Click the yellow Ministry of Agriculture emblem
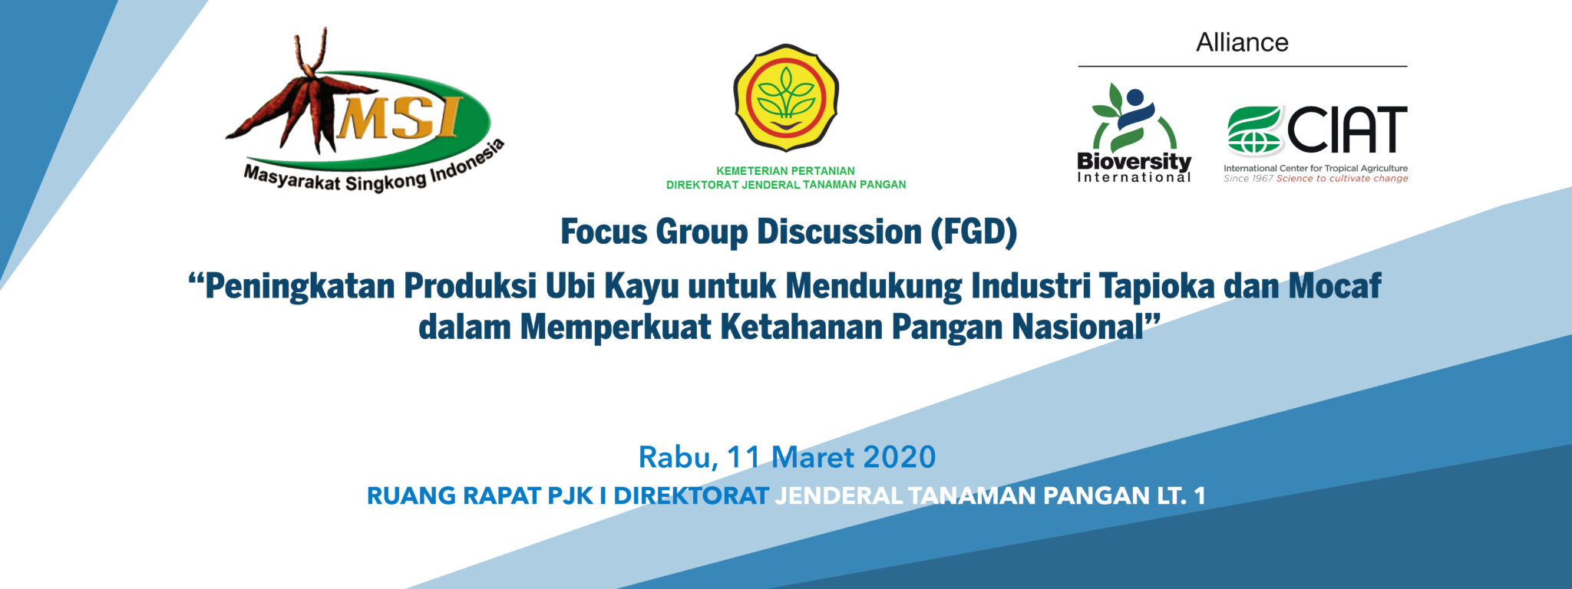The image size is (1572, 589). pos(785,97)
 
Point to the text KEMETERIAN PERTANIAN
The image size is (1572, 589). pos(785,171)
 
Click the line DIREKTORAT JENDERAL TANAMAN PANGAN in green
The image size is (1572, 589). pos(785,185)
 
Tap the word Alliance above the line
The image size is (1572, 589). pos(1242,43)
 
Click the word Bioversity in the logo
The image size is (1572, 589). pos(1134,162)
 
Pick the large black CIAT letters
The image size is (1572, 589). pos(1347,130)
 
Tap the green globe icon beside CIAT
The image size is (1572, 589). pos(1253,130)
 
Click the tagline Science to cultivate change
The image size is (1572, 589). pos(1342,179)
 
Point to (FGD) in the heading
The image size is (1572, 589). pos(973,232)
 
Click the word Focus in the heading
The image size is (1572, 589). pos(603,232)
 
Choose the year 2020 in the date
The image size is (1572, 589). pos(899,458)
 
